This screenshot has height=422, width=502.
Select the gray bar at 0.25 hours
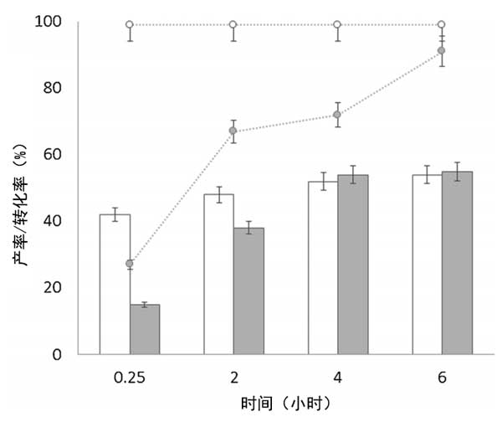[145, 329]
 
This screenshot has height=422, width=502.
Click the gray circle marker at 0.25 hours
[130, 264]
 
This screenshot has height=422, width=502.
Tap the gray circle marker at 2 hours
[233, 131]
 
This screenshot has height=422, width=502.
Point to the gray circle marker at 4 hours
[337, 115]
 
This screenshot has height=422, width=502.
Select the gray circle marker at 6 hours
[442, 51]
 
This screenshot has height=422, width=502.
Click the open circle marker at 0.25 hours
[130, 24]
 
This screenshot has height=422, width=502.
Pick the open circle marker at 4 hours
[337, 24]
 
